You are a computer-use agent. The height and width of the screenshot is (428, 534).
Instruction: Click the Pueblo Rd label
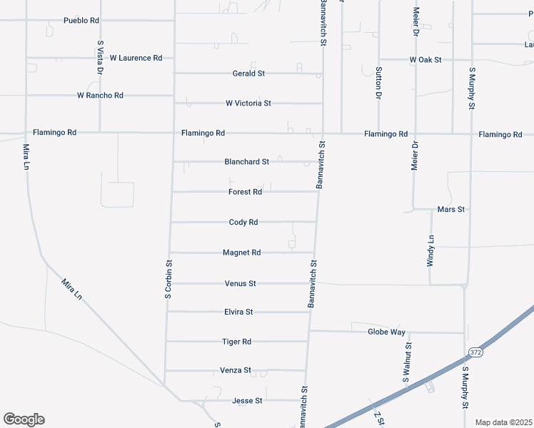pyautogui.click(x=81, y=21)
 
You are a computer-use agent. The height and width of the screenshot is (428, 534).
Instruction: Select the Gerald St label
pyautogui.click(x=248, y=73)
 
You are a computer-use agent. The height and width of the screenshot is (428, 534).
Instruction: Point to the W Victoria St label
pyautogui.click(x=248, y=103)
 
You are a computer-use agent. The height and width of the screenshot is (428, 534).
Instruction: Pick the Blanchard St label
pyautogui.click(x=246, y=162)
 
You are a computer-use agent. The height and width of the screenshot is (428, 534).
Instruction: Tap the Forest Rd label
pyautogui.click(x=245, y=192)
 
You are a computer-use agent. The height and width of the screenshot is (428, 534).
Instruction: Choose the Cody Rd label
pyautogui.click(x=243, y=223)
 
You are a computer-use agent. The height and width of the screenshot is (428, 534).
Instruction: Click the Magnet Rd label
pyautogui.click(x=241, y=253)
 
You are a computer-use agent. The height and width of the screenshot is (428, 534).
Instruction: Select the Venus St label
pyautogui.click(x=241, y=284)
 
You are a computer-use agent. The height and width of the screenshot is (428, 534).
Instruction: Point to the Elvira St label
pyautogui.click(x=238, y=312)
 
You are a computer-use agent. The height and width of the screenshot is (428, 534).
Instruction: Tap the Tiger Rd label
pyautogui.click(x=236, y=342)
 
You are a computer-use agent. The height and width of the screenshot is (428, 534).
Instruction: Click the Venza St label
pyautogui.click(x=236, y=370)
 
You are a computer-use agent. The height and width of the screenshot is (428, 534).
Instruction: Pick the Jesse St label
pyautogui.click(x=247, y=401)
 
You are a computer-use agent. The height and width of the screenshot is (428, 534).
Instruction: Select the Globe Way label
pyautogui.click(x=386, y=332)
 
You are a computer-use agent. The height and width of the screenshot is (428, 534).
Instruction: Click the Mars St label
pyautogui.click(x=450, y=210)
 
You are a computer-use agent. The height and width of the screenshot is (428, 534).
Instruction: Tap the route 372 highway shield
pyautogui.click(x=476, y=352)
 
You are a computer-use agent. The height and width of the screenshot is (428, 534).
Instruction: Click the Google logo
pyautogui.click(x=24, y=419)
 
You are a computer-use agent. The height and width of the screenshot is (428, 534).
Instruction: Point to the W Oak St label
pyautogui.click(x=425, y=60)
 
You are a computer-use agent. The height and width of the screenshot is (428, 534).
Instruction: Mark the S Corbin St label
pyautogui.click(x=170, y=279)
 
